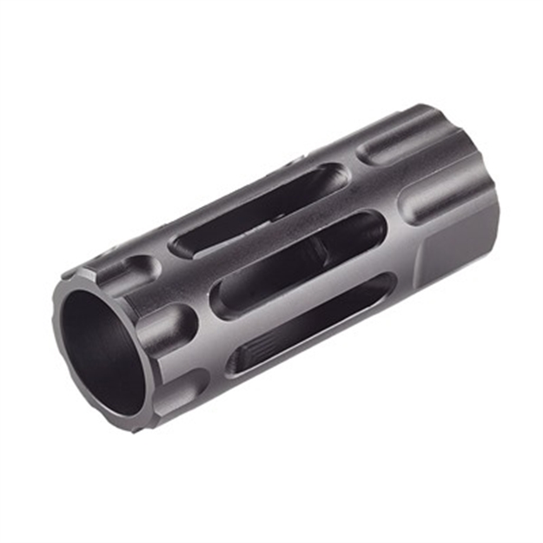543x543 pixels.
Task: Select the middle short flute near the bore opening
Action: (165, 326)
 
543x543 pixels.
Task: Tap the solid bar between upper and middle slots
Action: (278, 239)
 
